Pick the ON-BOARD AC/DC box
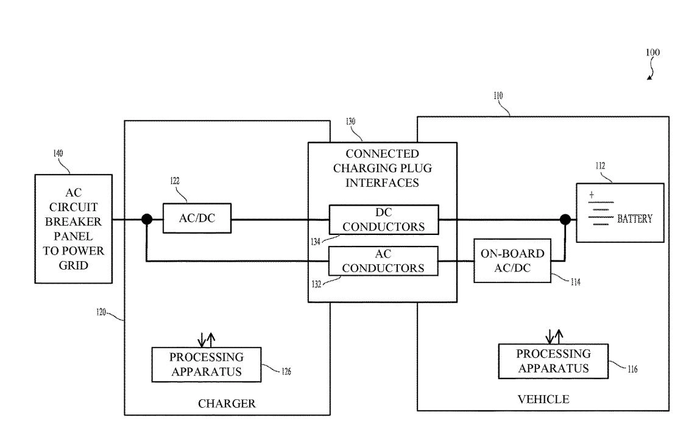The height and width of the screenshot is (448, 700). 512,261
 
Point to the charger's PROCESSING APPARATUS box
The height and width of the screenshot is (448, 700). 206,364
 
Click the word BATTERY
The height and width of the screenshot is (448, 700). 634,219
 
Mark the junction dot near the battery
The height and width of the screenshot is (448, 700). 565,219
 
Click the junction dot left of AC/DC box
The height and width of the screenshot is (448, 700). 147,219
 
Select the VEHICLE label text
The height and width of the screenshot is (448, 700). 543,399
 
